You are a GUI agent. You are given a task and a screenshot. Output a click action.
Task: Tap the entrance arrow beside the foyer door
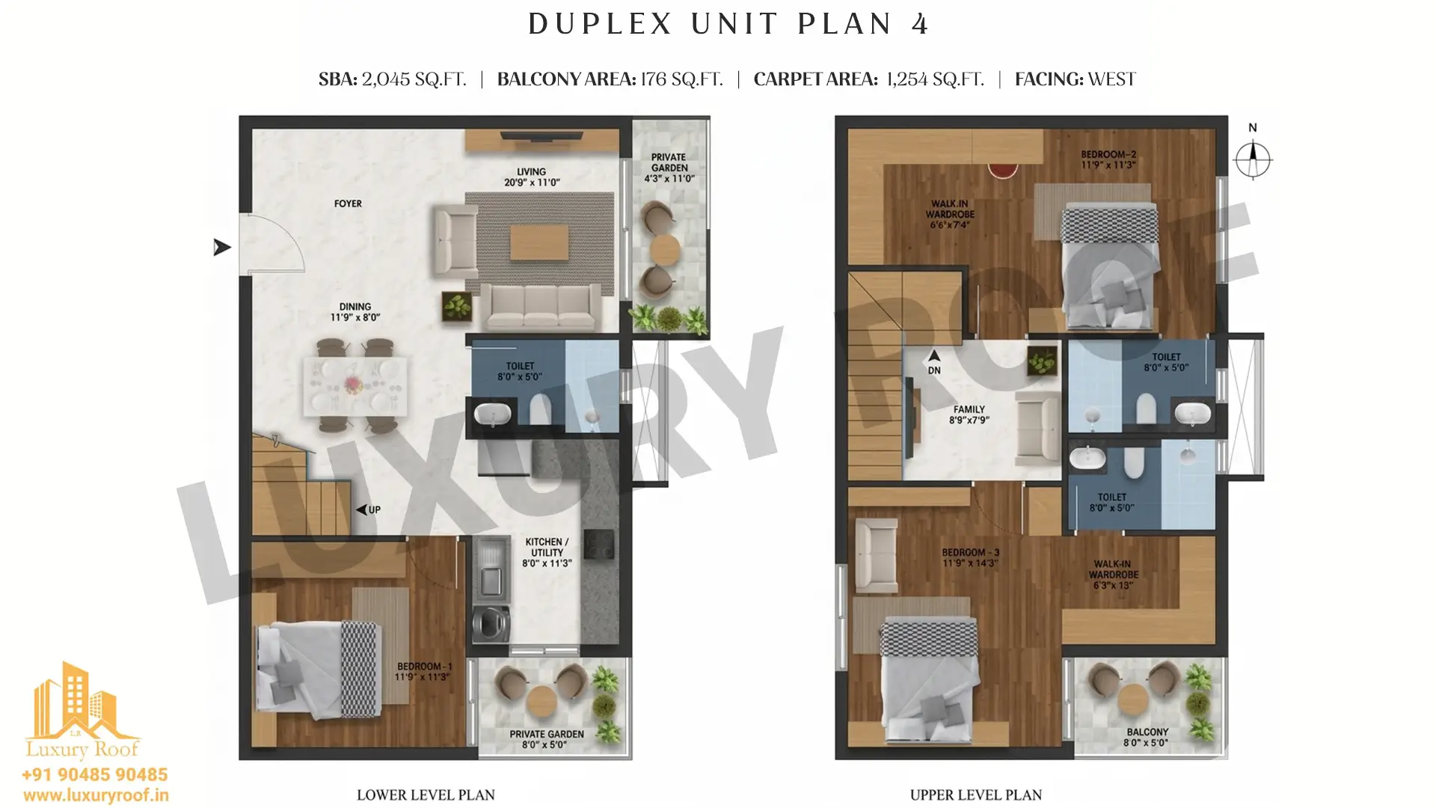(222, 247)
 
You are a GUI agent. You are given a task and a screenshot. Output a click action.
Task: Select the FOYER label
(348, 203)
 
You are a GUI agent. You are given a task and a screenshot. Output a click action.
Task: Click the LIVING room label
(532, 177)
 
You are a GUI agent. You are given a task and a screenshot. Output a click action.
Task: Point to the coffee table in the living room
(539, 242)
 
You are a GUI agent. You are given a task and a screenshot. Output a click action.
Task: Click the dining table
(355, 386)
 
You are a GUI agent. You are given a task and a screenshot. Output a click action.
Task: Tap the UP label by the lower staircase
(375, 509)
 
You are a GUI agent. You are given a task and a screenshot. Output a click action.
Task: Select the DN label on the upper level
(934, 370)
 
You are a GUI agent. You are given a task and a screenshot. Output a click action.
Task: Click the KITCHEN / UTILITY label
(547, 552)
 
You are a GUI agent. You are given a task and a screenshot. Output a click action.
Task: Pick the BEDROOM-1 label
(423, 672)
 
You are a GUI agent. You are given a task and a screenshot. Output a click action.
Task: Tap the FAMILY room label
(969, 414)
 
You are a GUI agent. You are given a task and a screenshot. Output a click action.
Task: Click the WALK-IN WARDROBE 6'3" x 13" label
(1113, 575)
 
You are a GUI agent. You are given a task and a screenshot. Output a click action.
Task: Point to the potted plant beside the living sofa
(457, 306)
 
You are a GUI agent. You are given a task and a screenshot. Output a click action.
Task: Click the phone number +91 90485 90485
(95, 774)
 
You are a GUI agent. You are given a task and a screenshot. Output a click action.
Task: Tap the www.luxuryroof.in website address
(96, 795)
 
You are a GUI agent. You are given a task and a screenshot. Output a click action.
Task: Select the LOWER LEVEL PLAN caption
(426, 795)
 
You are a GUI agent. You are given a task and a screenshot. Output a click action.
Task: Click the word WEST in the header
(1111, 79)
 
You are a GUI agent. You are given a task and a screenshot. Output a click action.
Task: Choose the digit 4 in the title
(920, 24)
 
